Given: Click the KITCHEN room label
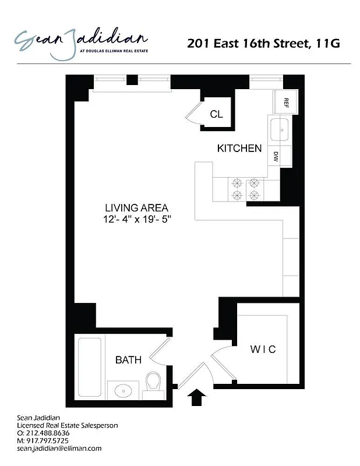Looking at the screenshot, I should point(239,149).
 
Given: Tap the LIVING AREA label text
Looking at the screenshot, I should point(137,207).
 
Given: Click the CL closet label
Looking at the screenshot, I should point(216,114).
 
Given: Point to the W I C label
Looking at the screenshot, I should point(263,349).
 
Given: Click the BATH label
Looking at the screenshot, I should point(128,360).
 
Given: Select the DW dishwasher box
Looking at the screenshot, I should point(276,156).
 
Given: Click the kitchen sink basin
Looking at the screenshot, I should point(280,129).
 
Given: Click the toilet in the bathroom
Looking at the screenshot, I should point(153,383).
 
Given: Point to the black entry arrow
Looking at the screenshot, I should point(197,398).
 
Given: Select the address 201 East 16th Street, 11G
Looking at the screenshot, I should point(263,43).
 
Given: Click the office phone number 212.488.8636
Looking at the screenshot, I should point(52,433).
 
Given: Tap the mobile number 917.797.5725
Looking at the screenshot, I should point(52,441).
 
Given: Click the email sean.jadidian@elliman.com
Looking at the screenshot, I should point(59,449).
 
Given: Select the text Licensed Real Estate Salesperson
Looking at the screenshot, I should point(67,426).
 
